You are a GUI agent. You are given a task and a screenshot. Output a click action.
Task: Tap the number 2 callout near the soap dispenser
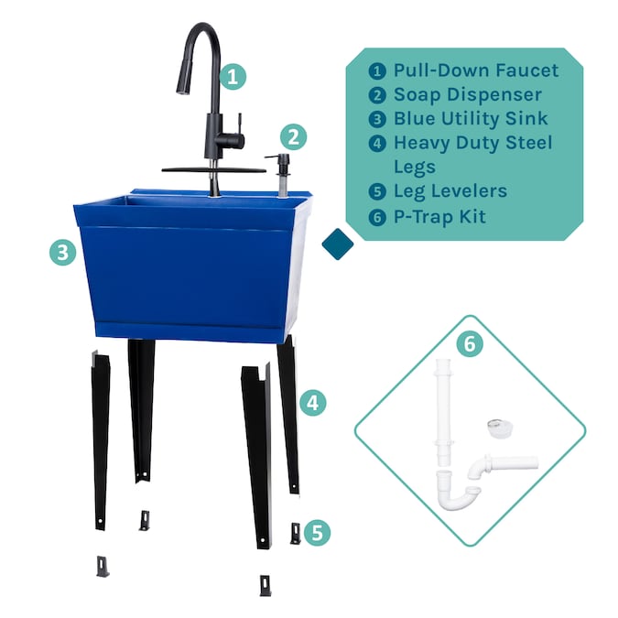point(292,137)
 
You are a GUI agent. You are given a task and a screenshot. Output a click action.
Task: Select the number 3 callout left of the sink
point(62,253)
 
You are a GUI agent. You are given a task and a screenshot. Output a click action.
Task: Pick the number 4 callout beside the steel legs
point(312,401)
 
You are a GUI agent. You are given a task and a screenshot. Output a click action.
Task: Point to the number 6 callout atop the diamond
point(469,343)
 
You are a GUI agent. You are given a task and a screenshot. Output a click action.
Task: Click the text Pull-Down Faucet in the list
point(475,70)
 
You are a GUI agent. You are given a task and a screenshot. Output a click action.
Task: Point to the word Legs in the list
point(415,167)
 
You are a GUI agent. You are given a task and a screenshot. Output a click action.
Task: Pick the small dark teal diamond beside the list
point(338,244)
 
